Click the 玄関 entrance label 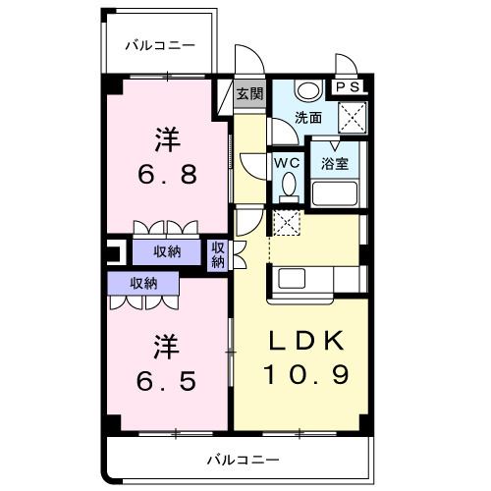[249, 94]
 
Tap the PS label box [348, 87]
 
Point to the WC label [286, 162]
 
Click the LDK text [307, 343]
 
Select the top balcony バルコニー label [160, 45]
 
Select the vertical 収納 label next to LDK [217, 254]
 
